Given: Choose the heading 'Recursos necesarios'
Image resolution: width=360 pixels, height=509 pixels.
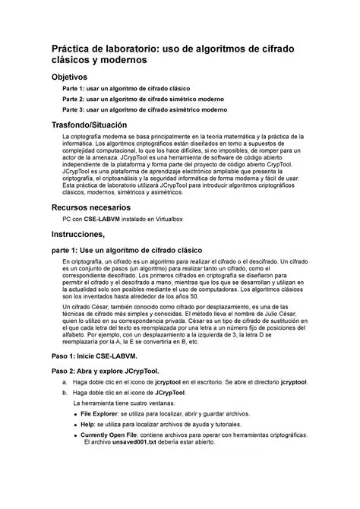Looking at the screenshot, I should coord(90,207).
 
